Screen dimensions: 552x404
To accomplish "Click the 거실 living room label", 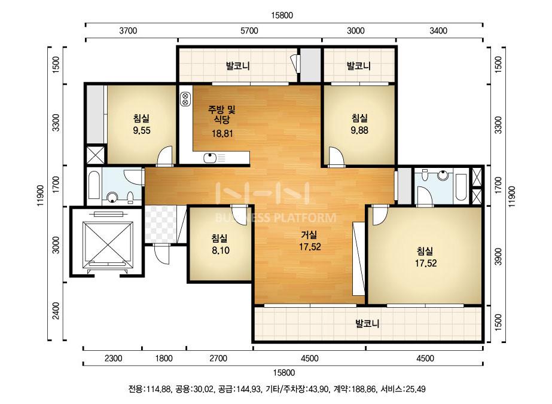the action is [x=309, y=235].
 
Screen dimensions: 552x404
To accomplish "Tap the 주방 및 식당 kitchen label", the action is [x=221, y=114].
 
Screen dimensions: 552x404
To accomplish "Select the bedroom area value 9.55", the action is [x=142, y=130].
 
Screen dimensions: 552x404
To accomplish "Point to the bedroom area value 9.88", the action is [x=359, y=130].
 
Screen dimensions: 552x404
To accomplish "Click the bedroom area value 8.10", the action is [x=220, y=250].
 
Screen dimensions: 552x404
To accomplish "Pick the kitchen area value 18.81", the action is [x=222, y=134].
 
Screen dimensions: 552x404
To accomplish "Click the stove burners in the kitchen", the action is [x=185, y=99].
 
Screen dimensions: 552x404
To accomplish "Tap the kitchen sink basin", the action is [x=210, y=158].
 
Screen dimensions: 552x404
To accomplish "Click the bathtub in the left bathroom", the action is [x=94, y=185].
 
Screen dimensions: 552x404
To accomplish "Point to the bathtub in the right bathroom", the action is [x=461, y=186].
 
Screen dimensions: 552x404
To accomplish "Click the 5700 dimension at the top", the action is [x=249, y=30].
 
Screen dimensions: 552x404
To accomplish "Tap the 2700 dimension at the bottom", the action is [x=218, y=358].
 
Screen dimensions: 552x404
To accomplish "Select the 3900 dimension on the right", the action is [x=498, y=256].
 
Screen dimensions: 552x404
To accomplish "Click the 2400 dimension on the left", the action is [x=56, y=311].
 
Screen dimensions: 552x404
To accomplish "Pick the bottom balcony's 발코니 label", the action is [x=367, y=323].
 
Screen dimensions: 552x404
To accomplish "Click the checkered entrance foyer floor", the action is [x=161, y=224].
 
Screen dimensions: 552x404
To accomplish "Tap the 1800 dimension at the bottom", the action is [x=164, y=358].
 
